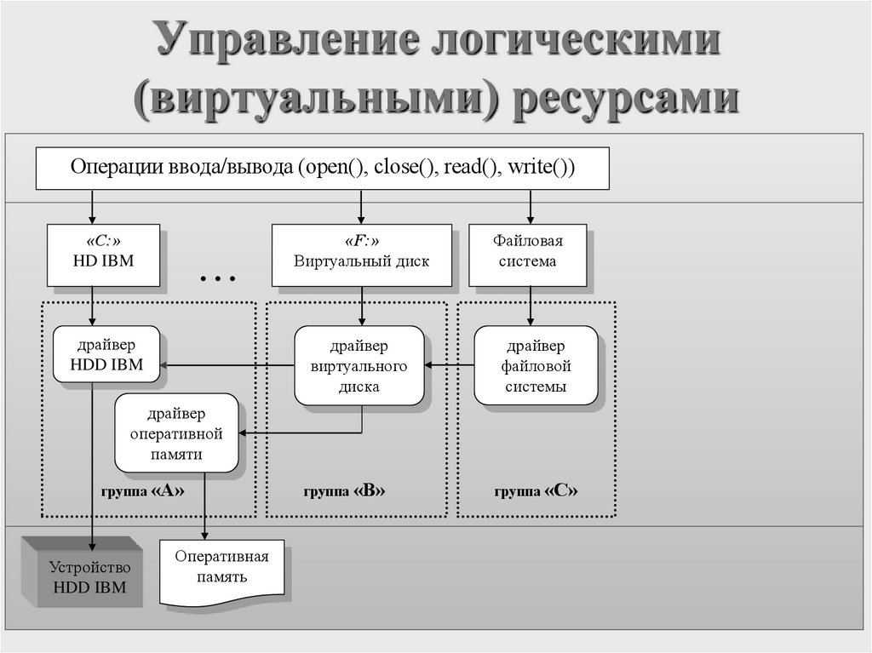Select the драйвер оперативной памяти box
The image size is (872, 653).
pos(177,433)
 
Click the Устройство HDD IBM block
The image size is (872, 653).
pos(88,576)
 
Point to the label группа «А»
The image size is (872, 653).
pos(142,492)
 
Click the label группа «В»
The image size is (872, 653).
pos(345,492)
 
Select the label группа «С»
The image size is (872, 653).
pos(536,492)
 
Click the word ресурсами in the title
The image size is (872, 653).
pos(624,98)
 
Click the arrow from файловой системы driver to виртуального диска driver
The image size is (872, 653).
pos(449,365)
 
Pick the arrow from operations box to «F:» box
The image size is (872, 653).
pos(362,206)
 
